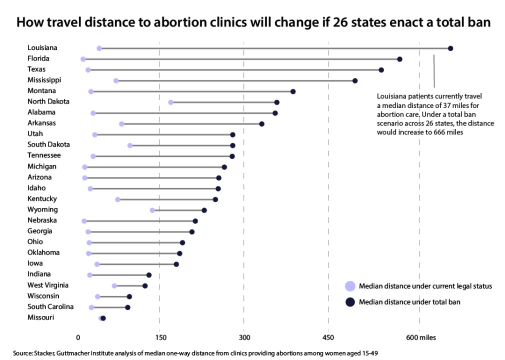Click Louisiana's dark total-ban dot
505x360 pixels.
tap(450, 48)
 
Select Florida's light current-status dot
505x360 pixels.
tap(83, 59)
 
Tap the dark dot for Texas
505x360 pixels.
tap(381, 70)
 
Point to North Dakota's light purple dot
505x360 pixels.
tap(170, 102)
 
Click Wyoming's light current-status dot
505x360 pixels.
tap(152, 210)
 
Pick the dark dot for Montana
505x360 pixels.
tap(293, 91)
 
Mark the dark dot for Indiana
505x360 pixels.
tap(148, 275)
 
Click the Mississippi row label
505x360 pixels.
tap(44, 80)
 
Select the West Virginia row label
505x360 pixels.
tap(48, 285)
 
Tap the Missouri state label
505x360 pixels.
tap(41, 317)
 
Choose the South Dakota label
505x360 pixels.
tap(48, 144)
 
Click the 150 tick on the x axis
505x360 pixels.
tap(159, 338)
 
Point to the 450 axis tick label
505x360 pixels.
tap(328, 338)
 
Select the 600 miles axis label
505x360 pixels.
tap(421, 338)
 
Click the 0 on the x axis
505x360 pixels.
tap(78, 338)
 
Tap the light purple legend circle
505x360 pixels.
tap(350, 286)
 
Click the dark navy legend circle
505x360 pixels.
tap(350, 301)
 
